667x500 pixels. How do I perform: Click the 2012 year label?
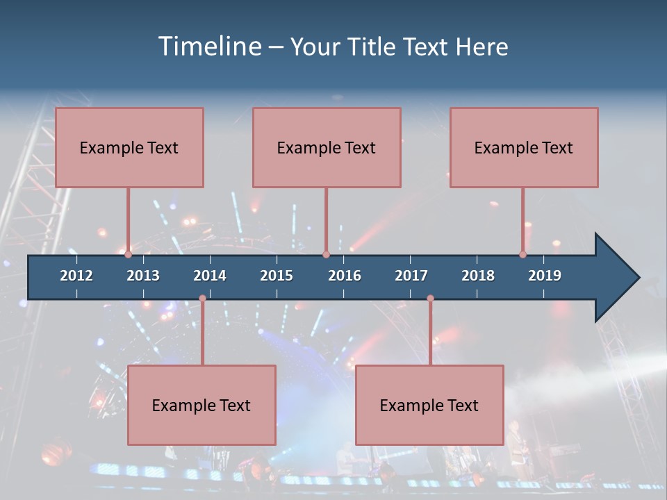point(76,276)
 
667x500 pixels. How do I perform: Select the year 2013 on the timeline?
point(143,276)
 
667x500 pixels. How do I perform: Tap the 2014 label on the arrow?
point(210,276)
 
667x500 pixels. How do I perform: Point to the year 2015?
point(277,276)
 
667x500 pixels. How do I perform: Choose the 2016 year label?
point(345,276)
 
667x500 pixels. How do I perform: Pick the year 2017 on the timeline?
point(411,276)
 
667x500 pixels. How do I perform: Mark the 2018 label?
point(478,276)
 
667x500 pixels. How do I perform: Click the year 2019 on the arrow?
point(545,276)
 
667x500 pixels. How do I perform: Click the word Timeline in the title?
point(208,47)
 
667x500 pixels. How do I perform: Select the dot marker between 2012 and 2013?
point(129,255)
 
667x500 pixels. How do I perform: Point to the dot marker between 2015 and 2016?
point(326,255)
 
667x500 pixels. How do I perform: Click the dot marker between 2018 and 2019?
point(523,255)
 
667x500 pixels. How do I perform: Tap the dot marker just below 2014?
point(202,299)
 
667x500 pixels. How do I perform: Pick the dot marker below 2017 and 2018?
point(430,299)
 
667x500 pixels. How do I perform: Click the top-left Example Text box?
point(129,147)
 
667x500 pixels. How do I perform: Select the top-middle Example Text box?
point(327,147)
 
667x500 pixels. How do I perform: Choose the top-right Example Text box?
point(524,147)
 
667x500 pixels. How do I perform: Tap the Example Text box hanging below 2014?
point(201,405)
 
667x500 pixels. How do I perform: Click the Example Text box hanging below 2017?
point(429,405)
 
